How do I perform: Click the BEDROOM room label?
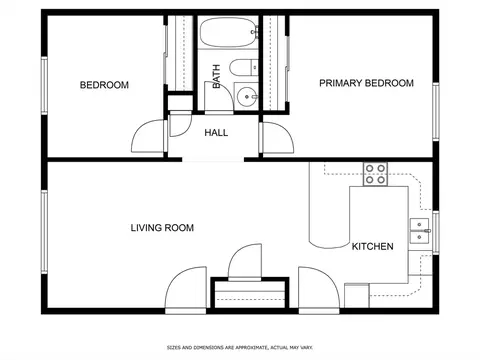click(104, 85)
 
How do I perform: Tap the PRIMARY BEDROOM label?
click(366, 83)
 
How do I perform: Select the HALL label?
click(216, 133)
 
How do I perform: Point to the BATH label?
click(216, 76)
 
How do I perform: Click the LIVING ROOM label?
click(162, 228)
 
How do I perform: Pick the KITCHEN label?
click(373, 246)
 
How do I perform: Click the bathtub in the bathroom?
click(229, 32)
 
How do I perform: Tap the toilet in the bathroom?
click(244, 67)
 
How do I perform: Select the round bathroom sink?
click(247, 97)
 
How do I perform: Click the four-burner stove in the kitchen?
click(375, 174)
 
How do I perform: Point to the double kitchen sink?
click(420, 231)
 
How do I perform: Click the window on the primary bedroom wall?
click(436, 111)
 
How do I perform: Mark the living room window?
click(44, 232)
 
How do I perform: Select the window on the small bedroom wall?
click(44, 86)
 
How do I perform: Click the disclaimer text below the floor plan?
click(240, 348)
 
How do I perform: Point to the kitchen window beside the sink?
click(436, 232)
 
